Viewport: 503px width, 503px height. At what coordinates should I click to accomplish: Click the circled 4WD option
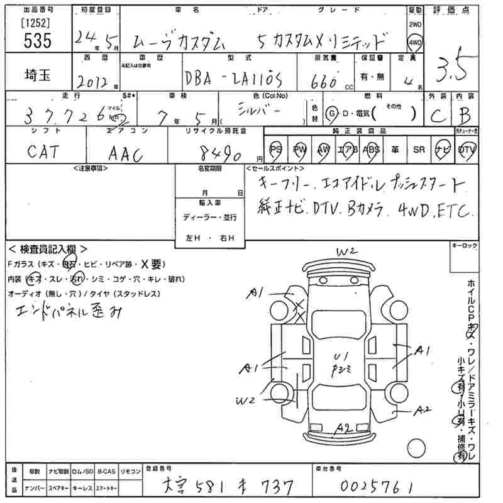point(415,43)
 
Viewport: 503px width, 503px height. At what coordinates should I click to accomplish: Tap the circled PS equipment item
point(276,150)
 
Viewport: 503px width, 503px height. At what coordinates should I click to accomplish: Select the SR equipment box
point(419,150)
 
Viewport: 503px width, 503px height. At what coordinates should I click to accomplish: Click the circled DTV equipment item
point(467,150)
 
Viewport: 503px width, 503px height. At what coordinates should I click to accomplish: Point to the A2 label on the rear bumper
point(343,429)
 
